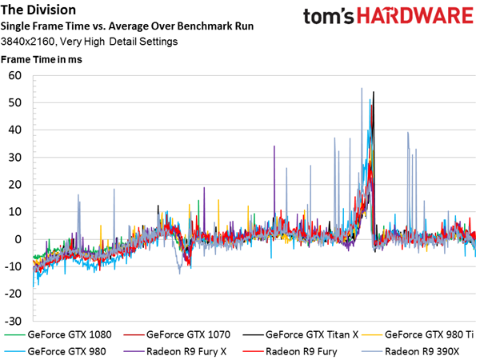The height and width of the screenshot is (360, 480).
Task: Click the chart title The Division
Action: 38,10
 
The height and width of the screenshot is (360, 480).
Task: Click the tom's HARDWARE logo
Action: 388,16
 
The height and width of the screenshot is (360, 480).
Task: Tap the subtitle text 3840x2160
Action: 27,42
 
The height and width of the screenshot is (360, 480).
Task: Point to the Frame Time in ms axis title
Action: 42,59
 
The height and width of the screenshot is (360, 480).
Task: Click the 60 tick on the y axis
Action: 15,76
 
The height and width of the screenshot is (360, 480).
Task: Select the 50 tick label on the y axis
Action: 15,103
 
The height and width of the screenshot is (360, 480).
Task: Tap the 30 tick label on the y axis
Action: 15,158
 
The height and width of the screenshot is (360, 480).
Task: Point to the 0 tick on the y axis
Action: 18,239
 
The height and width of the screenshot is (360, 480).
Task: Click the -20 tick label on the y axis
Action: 13,294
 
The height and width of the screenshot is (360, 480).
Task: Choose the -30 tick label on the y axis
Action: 13,321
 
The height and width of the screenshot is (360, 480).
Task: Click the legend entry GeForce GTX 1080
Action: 58,334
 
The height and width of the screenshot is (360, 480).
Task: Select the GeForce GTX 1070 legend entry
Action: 177,334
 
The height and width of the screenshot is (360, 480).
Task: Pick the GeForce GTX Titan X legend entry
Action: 300,334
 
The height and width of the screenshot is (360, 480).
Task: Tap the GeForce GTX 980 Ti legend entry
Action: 418,334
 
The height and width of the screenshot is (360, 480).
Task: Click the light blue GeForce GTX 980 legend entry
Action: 55,351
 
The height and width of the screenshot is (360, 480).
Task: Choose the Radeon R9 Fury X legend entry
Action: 174,351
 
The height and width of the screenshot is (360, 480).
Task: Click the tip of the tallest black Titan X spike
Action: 374,91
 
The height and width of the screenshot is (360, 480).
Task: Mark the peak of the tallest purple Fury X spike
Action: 274,146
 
